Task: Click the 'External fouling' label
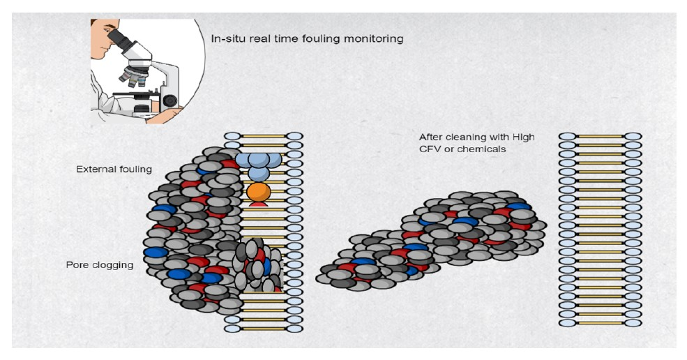pyautogui.click(x=114, y=170)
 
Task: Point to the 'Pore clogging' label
pyautogui.click(x=100, y=265)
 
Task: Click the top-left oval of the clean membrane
pyautogui.click(x=567, y=137)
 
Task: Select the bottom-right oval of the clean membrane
pyautogui.click(x=633, y=322)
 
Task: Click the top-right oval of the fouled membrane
pyautogui.click(x=295, y=137)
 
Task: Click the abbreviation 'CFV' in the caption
pyautogui.click(x=430, y=149)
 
